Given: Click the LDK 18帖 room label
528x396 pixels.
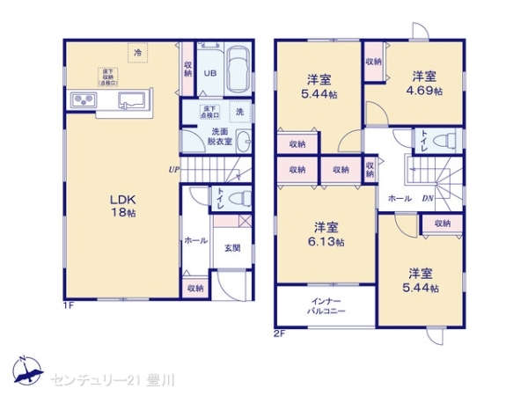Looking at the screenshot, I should pos(123,205).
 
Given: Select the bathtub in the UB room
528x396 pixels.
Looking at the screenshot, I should pos(238,71).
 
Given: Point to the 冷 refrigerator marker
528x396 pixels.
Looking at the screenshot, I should pos(137,54).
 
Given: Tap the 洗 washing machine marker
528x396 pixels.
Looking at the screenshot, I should pos(238,111).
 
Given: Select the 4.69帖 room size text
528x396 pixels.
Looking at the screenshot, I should pos(425,91).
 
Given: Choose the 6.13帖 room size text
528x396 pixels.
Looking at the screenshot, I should pos(326,242).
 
